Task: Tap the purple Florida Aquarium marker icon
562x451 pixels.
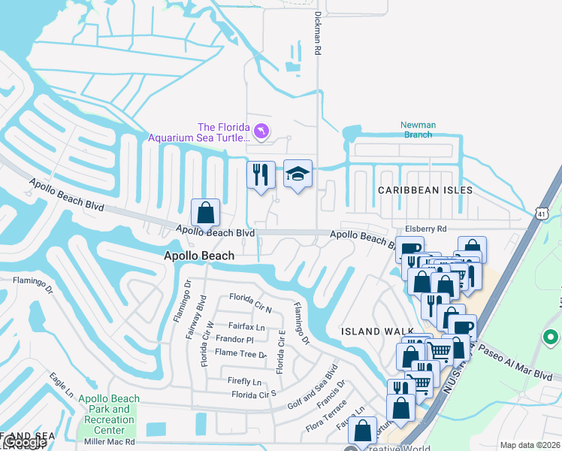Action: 261,132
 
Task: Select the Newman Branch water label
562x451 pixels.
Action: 417,130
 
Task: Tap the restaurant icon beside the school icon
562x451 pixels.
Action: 261,175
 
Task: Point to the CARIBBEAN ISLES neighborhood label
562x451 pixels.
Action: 425,190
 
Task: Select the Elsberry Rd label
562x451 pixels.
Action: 425,229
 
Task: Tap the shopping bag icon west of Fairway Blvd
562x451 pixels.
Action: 205,213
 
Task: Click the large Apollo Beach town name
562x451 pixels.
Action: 199,256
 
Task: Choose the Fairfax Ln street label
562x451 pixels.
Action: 246,327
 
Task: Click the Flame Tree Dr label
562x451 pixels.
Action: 241,354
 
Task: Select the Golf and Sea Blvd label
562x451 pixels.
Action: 313,388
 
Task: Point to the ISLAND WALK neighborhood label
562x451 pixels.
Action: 367,331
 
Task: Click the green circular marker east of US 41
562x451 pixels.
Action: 551,337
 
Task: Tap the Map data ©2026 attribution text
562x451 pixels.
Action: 529,445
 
